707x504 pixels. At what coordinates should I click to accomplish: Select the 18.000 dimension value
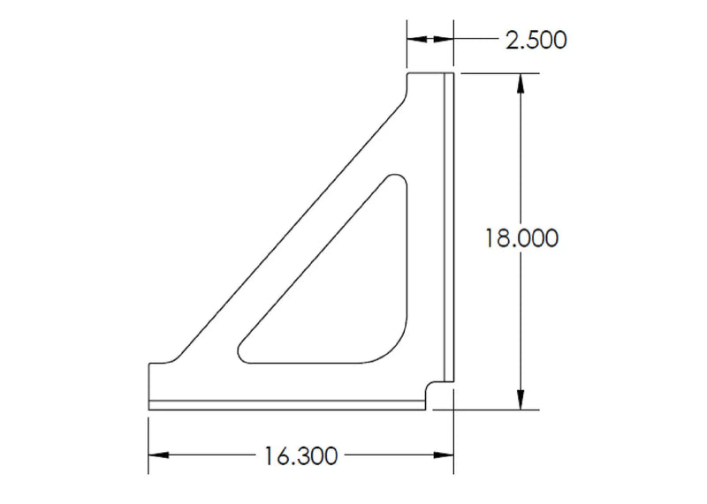click(521, 238)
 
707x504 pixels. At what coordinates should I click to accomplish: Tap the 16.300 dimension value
click(300, 455)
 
